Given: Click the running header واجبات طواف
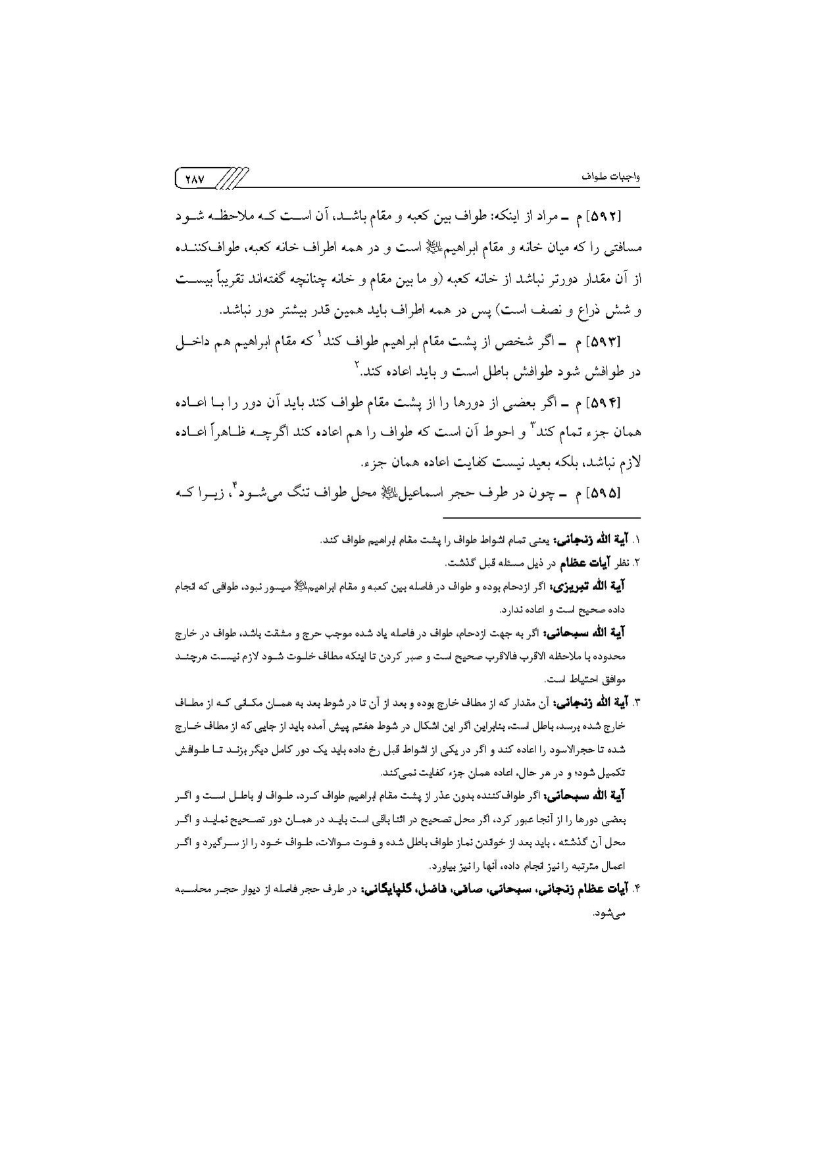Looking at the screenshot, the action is tap(614, 178).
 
